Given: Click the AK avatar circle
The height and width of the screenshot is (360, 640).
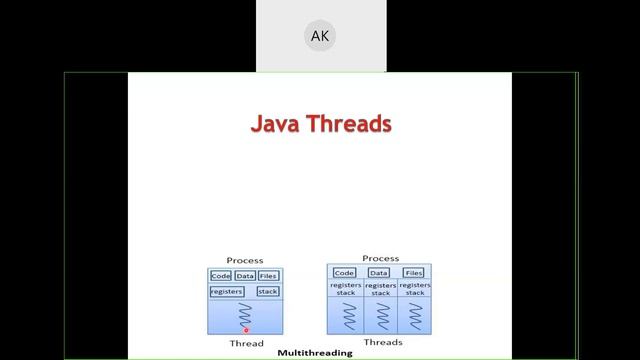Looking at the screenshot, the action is (320, 36).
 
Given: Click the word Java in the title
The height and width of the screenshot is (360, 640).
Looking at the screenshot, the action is (276, 124).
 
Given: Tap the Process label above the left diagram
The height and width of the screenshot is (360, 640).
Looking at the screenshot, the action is (245, 260).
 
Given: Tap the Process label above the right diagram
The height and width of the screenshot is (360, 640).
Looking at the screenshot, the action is (380, 258).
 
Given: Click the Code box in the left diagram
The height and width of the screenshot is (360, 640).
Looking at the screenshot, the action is (221, 276).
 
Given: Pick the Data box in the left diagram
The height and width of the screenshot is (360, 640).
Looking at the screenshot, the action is (245, 276).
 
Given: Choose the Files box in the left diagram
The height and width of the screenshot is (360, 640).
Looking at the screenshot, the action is (268, 276).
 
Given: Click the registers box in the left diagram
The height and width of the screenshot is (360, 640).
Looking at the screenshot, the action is (227, 291).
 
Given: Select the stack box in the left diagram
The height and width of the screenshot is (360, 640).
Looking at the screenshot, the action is (268, 291).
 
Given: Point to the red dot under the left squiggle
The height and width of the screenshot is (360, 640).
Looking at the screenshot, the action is (246, 329).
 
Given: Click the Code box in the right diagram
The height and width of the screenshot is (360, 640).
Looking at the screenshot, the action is (345, 272).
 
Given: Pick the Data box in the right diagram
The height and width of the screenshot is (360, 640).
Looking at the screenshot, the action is (379, 272).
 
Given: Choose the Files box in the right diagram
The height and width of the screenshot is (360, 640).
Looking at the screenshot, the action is (413, 272).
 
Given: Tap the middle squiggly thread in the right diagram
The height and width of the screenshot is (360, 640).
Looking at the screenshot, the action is (380, 316).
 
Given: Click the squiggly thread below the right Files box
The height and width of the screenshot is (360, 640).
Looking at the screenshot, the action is (414, 316).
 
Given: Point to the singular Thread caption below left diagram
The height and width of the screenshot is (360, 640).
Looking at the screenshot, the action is (246, 343).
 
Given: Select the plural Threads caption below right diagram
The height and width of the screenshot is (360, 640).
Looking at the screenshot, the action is (383, 342).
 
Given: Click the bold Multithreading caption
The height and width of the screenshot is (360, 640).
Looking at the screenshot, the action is (315, 353).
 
